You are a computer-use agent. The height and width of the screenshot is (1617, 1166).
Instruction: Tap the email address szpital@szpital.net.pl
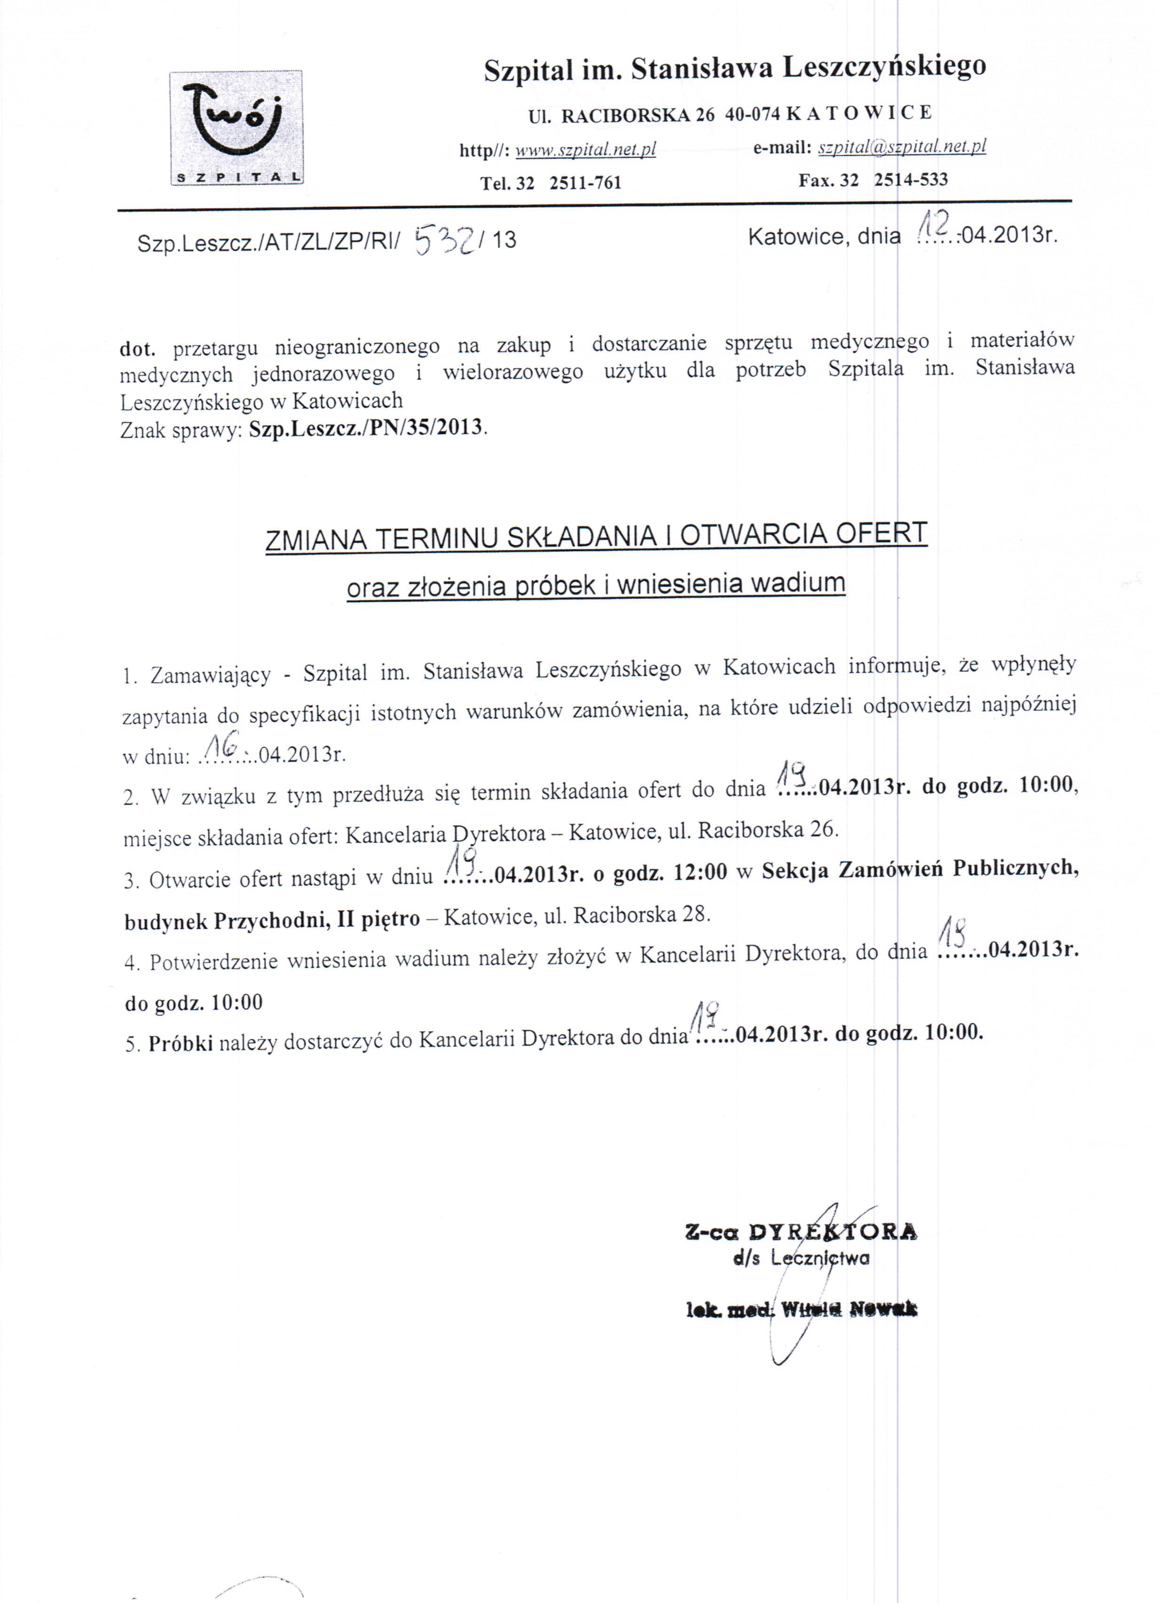point(902,147)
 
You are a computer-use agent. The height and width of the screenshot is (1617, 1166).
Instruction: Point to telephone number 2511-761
point(585,183)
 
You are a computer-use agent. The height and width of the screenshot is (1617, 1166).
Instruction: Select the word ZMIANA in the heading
point(316,540)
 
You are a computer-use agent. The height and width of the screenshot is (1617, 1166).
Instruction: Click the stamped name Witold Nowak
point(849,1309)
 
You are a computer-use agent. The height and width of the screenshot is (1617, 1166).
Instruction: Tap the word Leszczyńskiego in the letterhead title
point(884,67)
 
